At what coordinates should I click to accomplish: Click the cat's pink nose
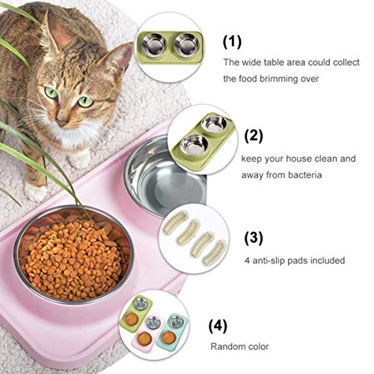click(x=62, y=121)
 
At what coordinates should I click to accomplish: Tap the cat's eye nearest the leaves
click(x=52, y=92)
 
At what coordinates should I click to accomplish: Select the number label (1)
click(x=232, y=42)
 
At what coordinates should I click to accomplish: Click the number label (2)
click(x=254, y=136)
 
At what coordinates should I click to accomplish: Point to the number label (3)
click(x=254, y=238)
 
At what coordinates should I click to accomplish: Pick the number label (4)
click(x=218, y=326)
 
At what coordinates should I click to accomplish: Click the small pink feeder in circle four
click(x=147, y=333)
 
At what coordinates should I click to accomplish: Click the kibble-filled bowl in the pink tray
click(x=73, y=254)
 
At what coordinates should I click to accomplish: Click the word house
click(x=298, y=159)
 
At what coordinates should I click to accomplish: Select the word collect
click(x=346, y=62)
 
